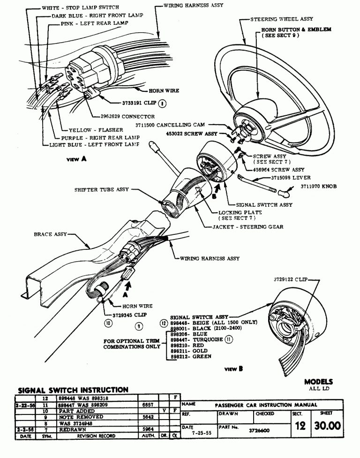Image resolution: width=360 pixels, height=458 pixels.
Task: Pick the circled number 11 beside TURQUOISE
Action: tap(229, 340)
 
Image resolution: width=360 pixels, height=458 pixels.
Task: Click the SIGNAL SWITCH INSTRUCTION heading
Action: tap(73, 390)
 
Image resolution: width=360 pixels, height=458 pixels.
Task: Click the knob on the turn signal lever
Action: tap(285, 193)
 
